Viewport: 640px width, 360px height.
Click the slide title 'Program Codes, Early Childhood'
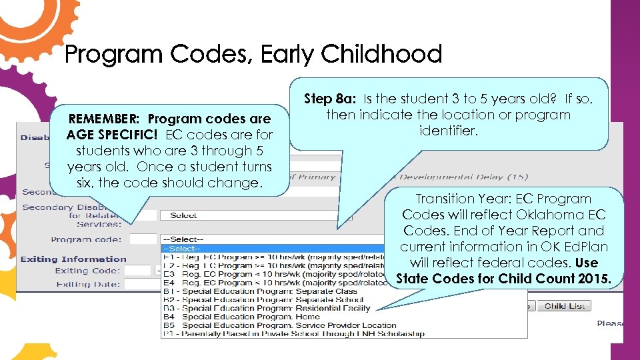pos(253,55)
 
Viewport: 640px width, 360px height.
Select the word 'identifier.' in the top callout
pos(448,131)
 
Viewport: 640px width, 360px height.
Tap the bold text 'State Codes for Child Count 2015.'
pos(503,279)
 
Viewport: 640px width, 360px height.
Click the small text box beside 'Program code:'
pos(142,239)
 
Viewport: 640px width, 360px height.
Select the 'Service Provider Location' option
pos(279,325)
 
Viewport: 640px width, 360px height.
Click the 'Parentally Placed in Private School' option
pos(293,333)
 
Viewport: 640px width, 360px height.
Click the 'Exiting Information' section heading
pos(73,259)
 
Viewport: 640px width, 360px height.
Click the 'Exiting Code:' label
pos(87,271)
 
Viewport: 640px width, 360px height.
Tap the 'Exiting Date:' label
pos(87,284)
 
